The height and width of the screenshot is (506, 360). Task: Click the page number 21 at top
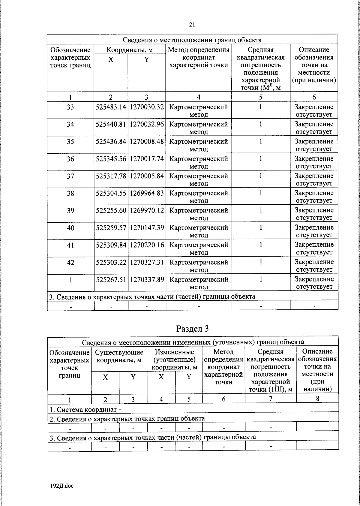click(192, 25)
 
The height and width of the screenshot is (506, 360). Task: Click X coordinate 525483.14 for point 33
click(111, 107)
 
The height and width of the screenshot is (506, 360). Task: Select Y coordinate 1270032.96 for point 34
click(147, 124)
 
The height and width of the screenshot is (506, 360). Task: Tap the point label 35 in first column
click(70, 142)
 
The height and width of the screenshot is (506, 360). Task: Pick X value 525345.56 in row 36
click(111, 159)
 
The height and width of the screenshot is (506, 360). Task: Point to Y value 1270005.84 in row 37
click(147, 176)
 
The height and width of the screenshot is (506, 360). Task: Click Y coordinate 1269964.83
click(147, 193)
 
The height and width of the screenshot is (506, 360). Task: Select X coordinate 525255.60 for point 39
click(111, 211)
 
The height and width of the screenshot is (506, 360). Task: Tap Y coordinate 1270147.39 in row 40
click(147, 228)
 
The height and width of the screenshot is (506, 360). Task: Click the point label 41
click(70, 245)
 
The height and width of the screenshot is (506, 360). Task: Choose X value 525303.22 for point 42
click(111, 262)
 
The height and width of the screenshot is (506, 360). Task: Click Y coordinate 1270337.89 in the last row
click(147, 280)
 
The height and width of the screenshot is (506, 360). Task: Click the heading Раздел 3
click(192, 329)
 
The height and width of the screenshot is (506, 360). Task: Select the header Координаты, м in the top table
click(130, 50)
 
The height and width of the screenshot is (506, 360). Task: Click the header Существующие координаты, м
click(119, 356)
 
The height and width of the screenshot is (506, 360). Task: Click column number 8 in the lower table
click(317, 399)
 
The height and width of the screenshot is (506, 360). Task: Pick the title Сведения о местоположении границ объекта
click(192, 40)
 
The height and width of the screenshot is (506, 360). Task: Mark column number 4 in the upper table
click(199, 97)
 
